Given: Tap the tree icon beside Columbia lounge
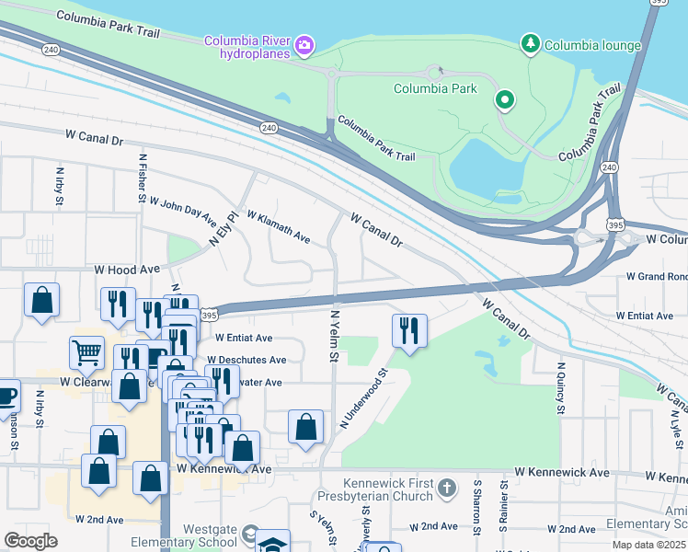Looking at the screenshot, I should click(530, 43).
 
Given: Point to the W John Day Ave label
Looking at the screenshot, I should click(183, 212).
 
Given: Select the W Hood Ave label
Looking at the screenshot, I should click(127, 270).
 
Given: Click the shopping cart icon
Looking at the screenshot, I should click(86, 351).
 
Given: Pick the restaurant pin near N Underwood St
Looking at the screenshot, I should click(409, 330).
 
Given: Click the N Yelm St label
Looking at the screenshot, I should click(335, 335).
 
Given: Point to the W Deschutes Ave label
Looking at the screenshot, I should click(247, 360).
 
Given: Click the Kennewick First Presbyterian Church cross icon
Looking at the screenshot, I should click(446, 487).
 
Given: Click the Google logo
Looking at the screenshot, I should click(30, 541).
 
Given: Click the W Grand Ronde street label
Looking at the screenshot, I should click(656, 276).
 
